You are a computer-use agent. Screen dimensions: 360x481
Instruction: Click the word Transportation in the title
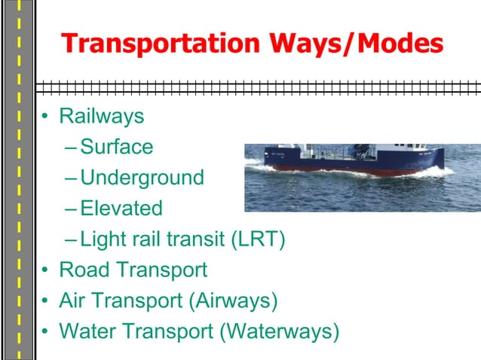[161, 44]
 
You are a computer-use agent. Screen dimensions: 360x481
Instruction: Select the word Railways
[101, 117]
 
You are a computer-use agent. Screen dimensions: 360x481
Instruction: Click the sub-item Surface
[116, 146]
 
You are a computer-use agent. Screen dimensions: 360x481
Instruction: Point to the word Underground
[142, 178]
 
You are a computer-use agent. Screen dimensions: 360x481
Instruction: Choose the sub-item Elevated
[121, 208]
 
